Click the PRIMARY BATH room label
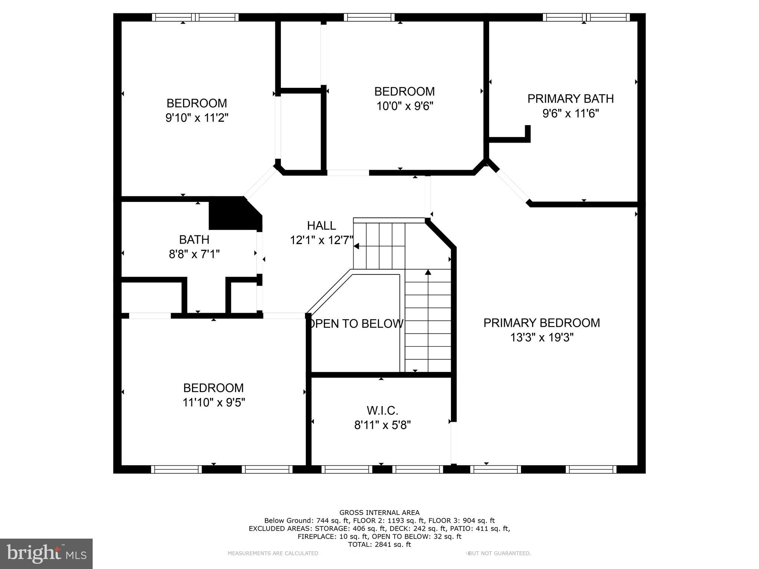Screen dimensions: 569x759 click(570, 99)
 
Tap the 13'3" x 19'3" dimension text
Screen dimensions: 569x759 click(541, 337)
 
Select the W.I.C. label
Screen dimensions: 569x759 click(382, 410)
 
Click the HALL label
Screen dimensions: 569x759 click(321, 226)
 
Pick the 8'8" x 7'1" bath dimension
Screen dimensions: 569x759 click(194, 254)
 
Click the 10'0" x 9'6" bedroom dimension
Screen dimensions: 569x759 click(405, 106)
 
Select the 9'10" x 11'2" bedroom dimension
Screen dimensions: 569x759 click(196, 118)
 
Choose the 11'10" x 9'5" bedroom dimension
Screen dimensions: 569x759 click(213, 402)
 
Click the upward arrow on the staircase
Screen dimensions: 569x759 click(428, 273)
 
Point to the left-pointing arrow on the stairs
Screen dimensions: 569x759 click(357, 246)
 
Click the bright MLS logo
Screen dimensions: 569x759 click(46, 554)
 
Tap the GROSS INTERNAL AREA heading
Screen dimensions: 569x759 click(379, 513)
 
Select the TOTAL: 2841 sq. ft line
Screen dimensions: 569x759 click(379, 545)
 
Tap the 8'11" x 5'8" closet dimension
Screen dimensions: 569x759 click(382, 425)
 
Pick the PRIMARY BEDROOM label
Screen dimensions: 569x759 click(541, 323)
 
